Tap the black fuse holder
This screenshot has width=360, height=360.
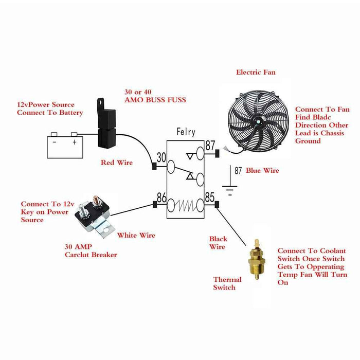click(108, 126)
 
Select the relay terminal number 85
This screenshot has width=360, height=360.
click(209, 197)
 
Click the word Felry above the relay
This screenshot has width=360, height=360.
click(186, 132)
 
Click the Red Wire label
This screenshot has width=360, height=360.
click(117, 163)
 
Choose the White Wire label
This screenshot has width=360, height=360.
click(136, 236)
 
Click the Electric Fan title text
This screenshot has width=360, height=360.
click(256, 73)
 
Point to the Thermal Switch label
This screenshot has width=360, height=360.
click(227, 283)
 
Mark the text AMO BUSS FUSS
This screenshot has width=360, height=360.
click(155, 99)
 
